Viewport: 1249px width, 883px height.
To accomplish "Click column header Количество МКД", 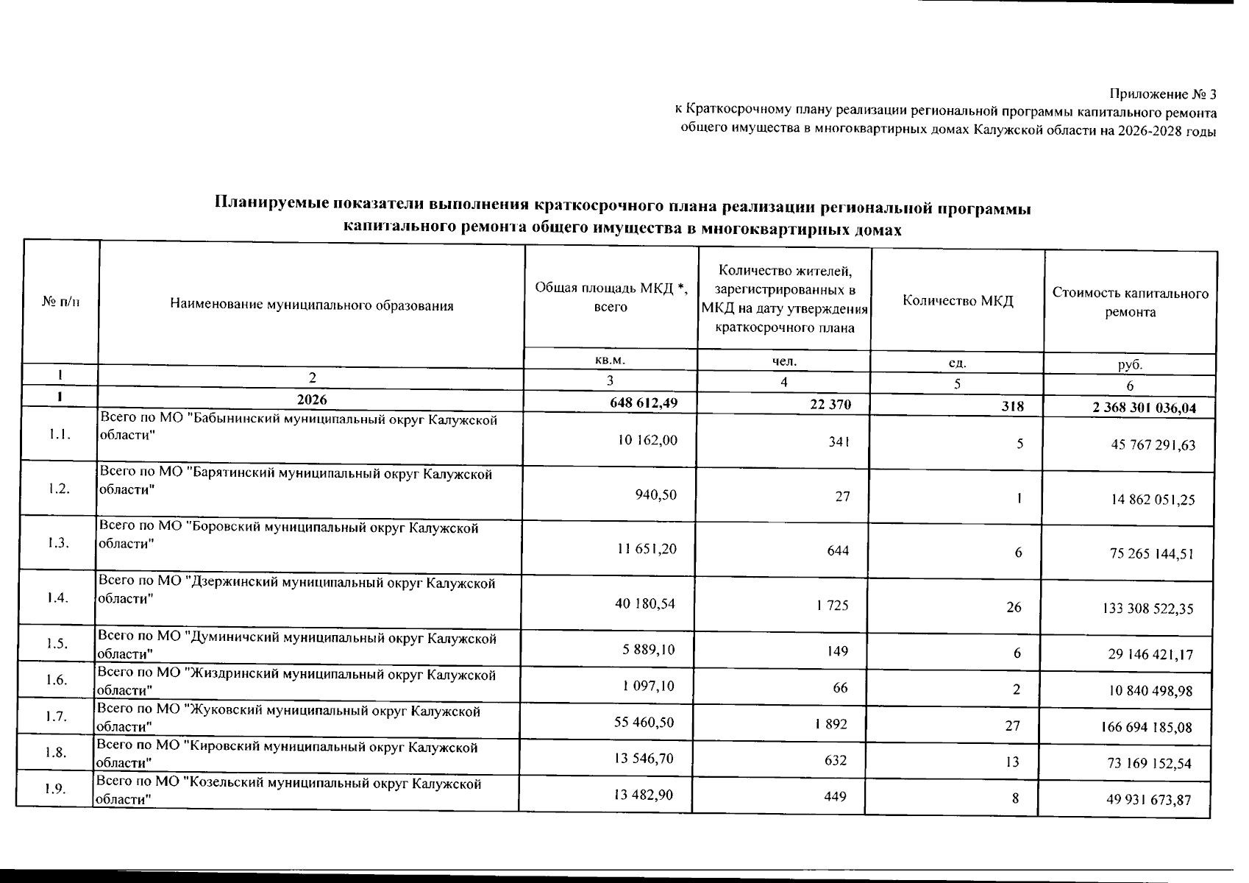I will [958, 301].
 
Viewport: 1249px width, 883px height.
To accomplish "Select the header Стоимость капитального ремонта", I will [1131, 302].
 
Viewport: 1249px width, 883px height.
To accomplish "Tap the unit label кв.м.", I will [610, 361].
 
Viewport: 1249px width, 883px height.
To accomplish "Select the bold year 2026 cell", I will [312, 400].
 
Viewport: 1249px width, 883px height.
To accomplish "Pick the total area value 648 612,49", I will [639, 402].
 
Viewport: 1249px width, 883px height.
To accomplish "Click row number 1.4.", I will [58, 597].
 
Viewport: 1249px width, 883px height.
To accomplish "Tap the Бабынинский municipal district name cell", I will [298, 427].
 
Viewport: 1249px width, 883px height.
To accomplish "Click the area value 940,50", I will [655, 495].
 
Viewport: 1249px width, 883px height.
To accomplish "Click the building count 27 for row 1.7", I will [1012, 726].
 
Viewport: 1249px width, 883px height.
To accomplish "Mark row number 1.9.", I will [55, 789].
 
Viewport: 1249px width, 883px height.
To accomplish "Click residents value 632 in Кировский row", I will [836, 761].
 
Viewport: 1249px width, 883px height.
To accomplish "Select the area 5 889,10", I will [644, 650].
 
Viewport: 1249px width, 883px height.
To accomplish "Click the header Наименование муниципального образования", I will [312, 305].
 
